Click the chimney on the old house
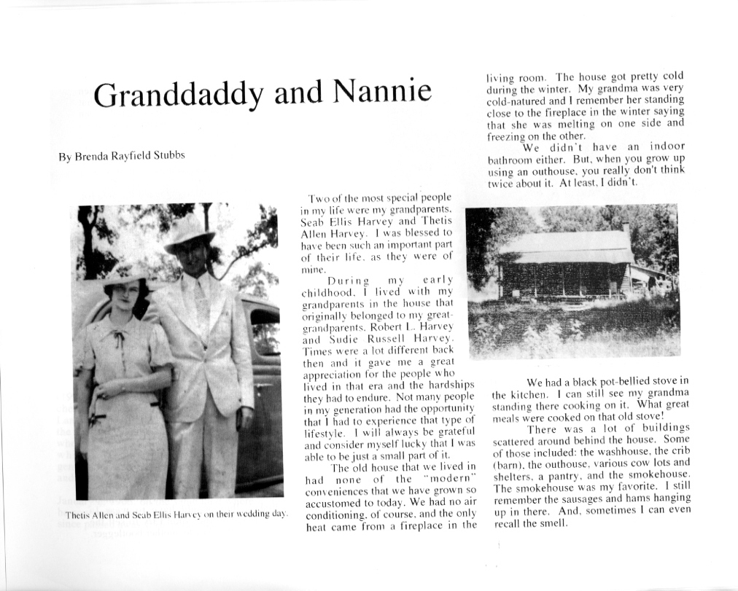click(626, 230)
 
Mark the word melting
click(572, 123)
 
